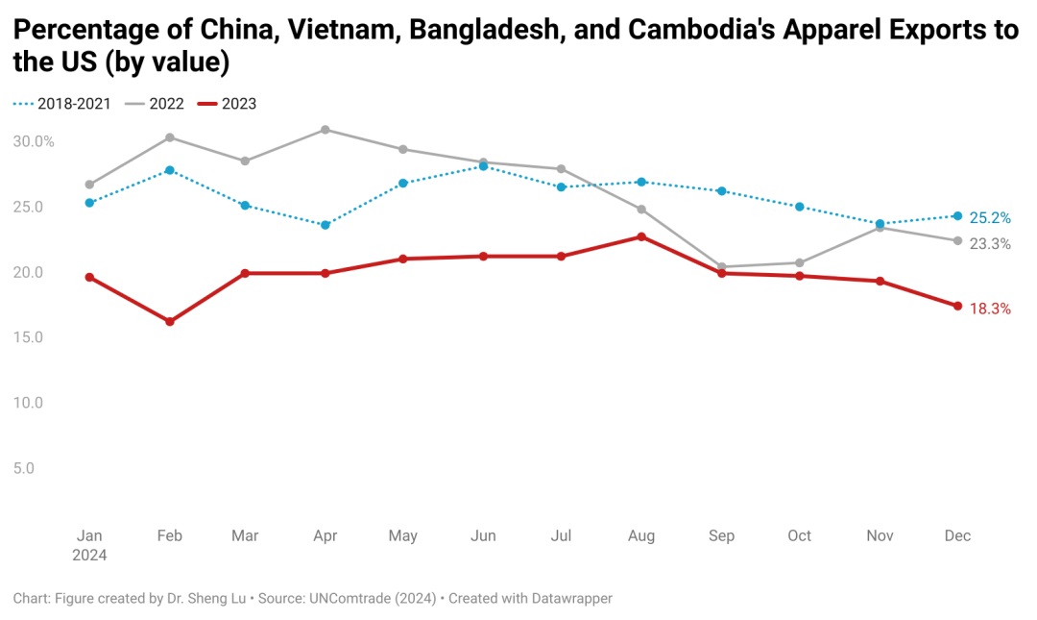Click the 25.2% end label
990,218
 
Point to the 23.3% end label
990,244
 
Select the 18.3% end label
990,310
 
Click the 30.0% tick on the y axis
34,142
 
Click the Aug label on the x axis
640,536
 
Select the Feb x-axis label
170,536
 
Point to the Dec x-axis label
957,536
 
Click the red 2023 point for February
170,322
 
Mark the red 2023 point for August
641,236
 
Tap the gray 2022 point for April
326,129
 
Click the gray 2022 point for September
722,267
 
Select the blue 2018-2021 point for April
326,225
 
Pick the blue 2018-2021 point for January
89,203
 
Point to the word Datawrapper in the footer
564,598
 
